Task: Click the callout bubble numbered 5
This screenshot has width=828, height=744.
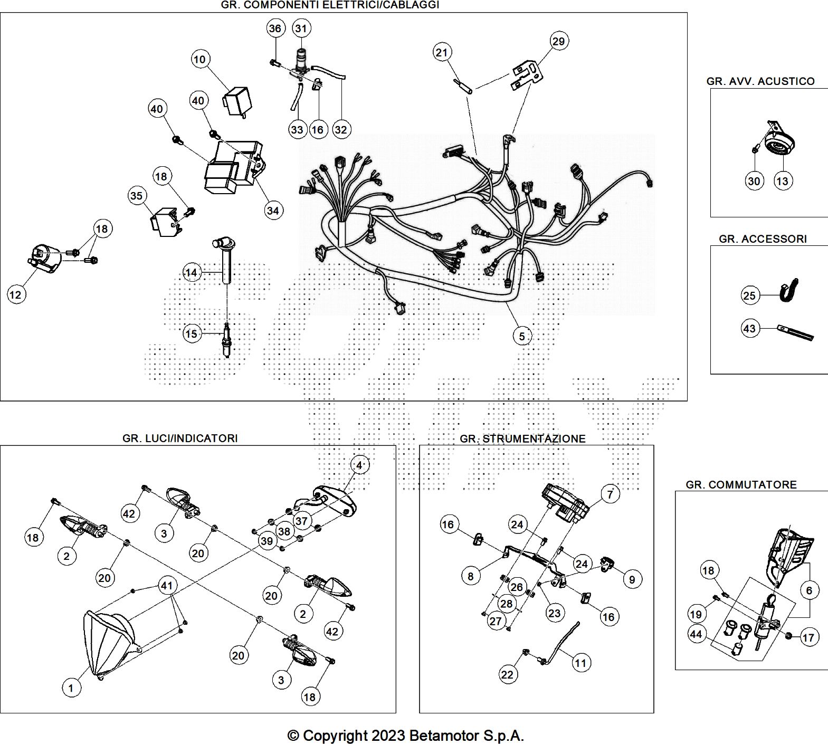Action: pos(522,336)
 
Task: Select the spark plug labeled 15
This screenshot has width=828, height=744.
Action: pos(227,341)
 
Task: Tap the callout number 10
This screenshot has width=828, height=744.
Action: pos(199,59)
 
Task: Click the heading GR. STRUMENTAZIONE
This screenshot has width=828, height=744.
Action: pos(522,438)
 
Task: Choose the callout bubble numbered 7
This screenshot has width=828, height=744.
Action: pos(611,494)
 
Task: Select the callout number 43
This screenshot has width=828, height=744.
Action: pos(749,329)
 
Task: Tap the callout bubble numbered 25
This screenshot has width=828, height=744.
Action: pos(749,295)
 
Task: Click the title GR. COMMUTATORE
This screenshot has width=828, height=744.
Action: pos(741,484)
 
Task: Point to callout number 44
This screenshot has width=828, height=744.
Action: pos(696,634)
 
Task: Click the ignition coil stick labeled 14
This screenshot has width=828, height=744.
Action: pos(227,262)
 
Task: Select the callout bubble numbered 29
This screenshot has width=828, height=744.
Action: pos(558,41)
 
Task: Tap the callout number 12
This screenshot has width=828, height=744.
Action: pos(16,294)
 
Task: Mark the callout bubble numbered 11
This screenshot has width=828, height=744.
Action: pos(580,663)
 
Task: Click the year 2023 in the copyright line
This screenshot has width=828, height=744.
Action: pos(388,736)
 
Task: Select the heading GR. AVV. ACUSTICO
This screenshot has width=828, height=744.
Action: pos(760,81)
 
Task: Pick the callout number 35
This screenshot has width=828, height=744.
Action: pos(136,196)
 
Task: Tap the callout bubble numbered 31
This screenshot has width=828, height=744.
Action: pos(301,28)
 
